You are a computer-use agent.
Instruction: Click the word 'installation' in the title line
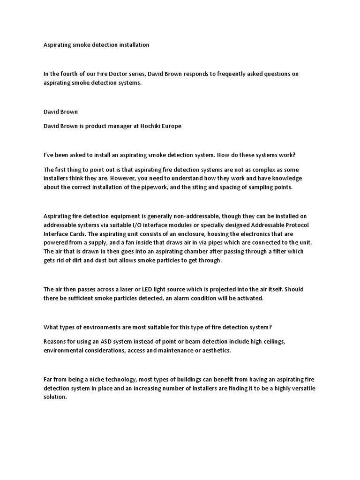[133, 45]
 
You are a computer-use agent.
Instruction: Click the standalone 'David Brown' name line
[60, 112]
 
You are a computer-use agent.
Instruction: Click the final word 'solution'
[55, 397]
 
